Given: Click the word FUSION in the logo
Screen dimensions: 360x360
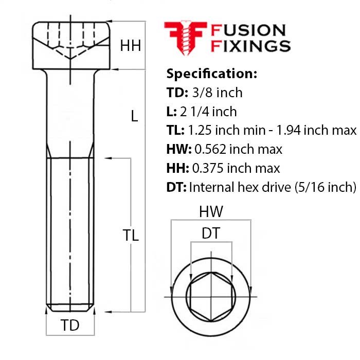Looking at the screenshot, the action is pos(248,30).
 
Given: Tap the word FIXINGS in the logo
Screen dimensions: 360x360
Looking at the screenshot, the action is pos(250,46).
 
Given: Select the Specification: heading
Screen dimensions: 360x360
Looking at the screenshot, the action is pos(212,74).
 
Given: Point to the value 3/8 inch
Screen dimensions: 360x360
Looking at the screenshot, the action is pos(217,93).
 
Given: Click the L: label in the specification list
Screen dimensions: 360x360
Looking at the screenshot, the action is pos(171,112).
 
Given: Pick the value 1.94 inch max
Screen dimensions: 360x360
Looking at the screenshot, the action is pos(316,130).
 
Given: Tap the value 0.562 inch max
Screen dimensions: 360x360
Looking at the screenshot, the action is pos(238,149).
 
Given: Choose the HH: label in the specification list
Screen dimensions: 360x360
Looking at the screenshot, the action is pos(178,168).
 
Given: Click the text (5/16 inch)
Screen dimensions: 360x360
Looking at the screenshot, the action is pos(326,187).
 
